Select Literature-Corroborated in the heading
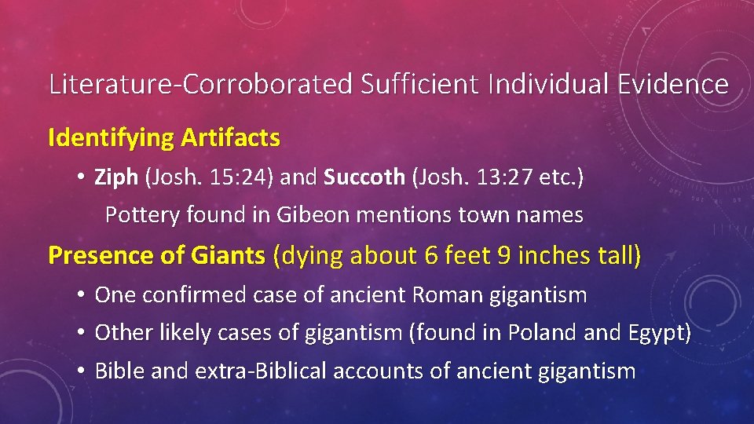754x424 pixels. tap(200, 83)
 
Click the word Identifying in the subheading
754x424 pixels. tap(110, 138)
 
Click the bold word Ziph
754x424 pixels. tap(115, 177)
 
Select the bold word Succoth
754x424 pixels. tap(364, 177)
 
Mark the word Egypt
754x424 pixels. tap(657, 333)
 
